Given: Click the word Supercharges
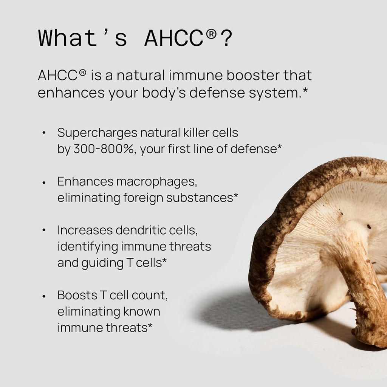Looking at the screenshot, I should point(97,133).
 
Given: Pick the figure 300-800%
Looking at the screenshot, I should point(104,149).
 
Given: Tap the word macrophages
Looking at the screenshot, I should point(156,182).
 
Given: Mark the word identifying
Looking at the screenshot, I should point(87,246).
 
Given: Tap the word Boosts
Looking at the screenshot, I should point(76,295).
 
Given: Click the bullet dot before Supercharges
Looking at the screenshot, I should point(44,133).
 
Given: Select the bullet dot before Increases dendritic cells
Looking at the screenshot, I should point(44,230).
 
